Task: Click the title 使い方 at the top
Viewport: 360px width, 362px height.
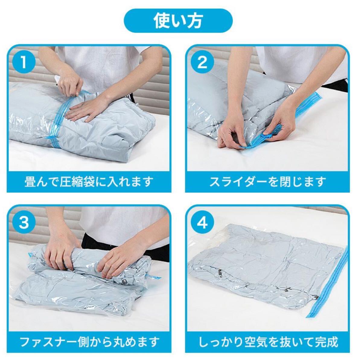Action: pyautogui.click(x=178, y=21)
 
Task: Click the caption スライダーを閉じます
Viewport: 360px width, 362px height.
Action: pyautogui.click(x=268, y=182)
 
